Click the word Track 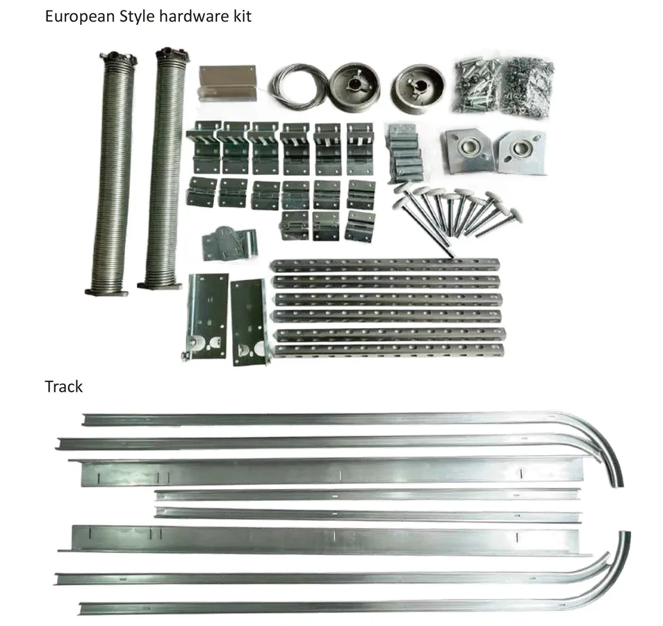coord(63,387)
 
